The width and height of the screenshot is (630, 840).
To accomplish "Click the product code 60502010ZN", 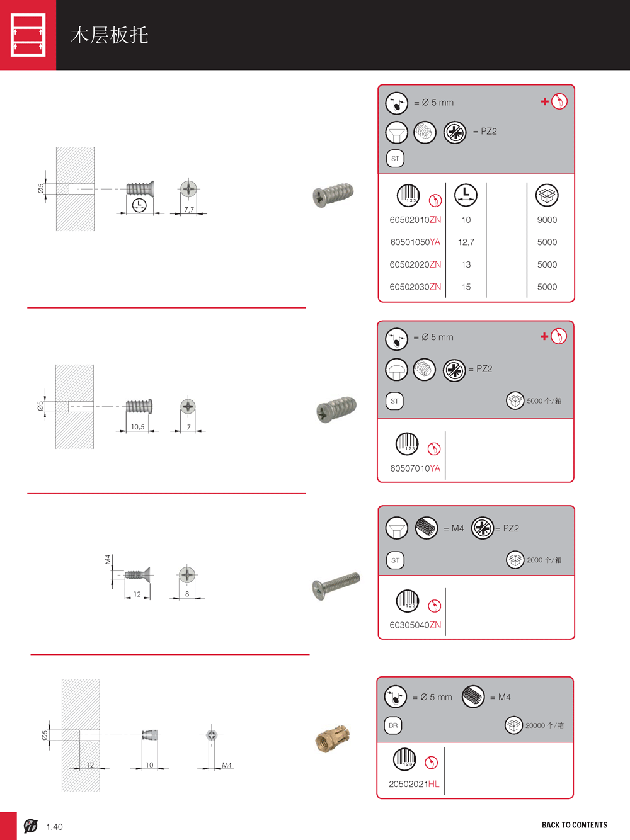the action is click(415, 220).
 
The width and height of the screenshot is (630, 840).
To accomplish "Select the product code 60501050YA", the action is click(415, 242).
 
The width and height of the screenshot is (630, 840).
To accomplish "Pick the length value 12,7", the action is click(466, 242).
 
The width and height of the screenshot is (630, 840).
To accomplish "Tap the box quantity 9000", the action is click(547, 220).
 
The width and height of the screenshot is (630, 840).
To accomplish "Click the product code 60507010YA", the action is click(415, 468).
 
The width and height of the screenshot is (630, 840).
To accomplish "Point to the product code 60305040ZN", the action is click(415, 625).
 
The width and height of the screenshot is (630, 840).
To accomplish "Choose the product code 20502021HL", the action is click(414, 784).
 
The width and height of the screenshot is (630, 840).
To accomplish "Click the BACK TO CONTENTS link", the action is click(575, 825).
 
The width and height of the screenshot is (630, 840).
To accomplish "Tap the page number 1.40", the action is click(54, 827).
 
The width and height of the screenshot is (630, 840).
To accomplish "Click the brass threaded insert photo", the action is click(332, 738).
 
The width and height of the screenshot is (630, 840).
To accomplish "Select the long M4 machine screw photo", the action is click(336, 586).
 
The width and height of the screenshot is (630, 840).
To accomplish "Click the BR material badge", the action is click(393, 725).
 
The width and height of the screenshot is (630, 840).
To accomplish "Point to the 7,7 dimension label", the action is click(189, 209).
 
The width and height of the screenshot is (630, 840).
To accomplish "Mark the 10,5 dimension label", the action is click(138, 427).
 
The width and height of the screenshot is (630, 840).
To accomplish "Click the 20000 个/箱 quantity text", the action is click(544, 725).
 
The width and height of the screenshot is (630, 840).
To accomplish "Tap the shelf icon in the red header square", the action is click(28, 35).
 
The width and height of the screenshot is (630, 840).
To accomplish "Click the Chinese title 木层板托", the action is click(110, 35).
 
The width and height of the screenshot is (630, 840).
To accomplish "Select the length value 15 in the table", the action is click(466, 287).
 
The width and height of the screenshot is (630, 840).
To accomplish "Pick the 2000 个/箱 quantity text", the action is click(544, 560).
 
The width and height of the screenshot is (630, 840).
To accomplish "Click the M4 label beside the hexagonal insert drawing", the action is click(227, 765).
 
